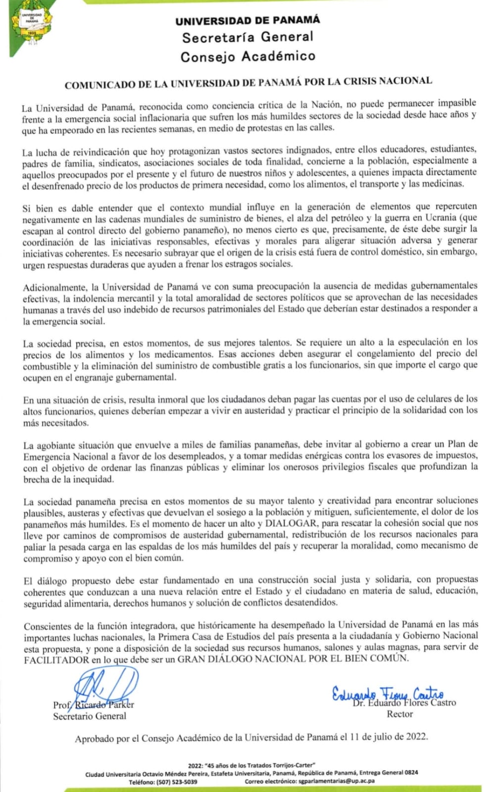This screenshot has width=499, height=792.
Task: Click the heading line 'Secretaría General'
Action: [248, 37]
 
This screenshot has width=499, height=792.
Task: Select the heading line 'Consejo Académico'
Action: [248, 56]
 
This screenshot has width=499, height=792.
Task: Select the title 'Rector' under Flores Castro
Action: [399, 714]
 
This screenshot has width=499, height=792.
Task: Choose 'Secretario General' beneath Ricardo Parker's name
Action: [90, 716]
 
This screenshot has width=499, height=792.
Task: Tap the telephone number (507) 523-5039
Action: [176, 782]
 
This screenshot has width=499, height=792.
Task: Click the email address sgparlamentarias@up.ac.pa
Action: [337, 781]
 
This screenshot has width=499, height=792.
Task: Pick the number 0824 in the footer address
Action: [411, 773]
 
